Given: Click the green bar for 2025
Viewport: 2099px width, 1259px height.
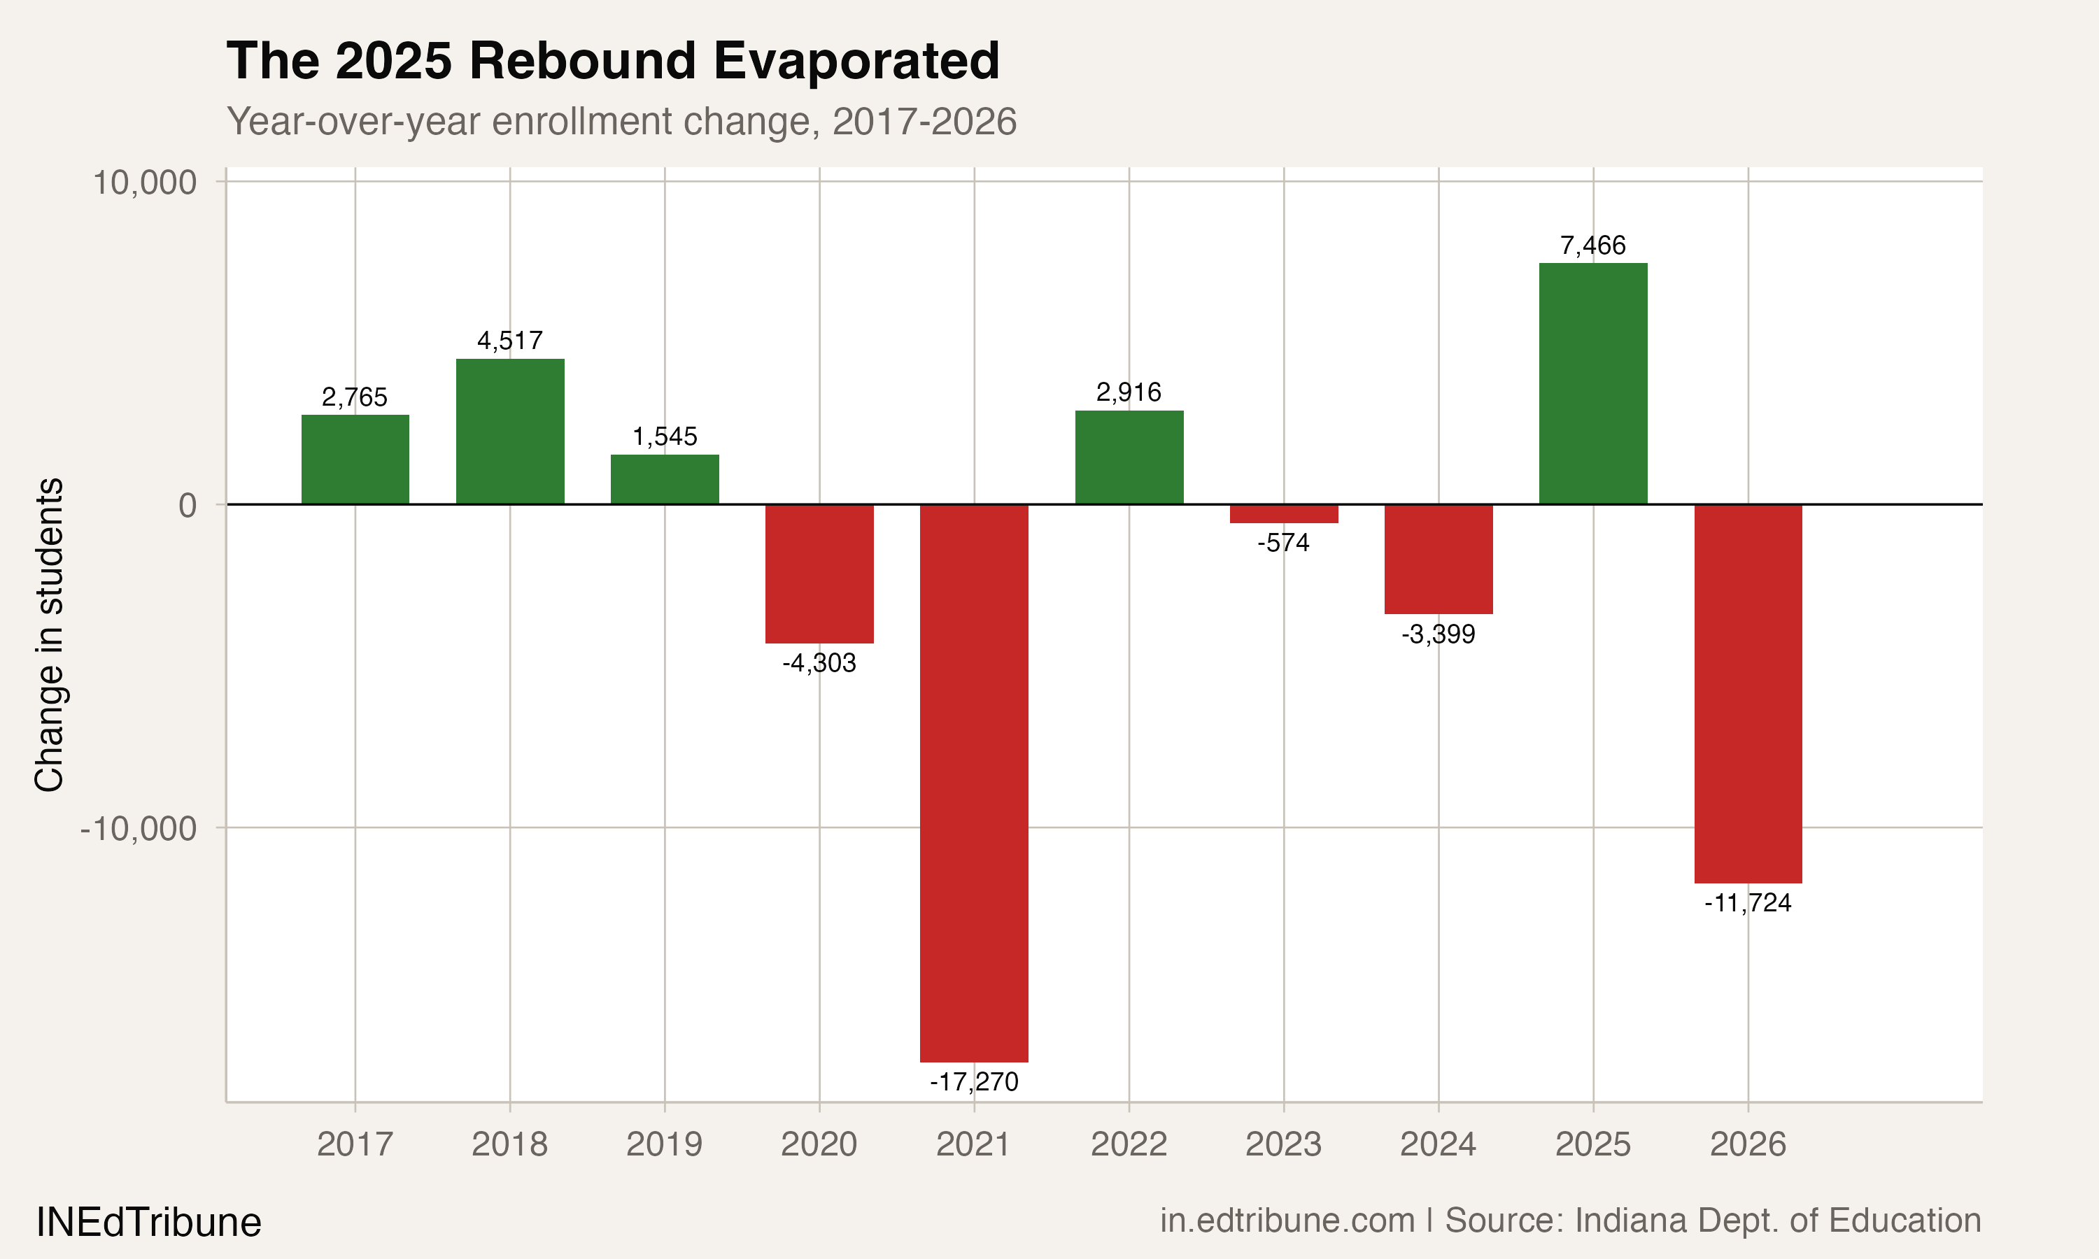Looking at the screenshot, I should (x=1592, y=383).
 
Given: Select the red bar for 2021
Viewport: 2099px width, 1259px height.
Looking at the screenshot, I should (x=974, y=782).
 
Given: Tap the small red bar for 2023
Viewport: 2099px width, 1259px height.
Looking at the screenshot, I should (x=1284, y=514).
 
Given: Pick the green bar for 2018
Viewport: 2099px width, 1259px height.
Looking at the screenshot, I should (x=510, y=432).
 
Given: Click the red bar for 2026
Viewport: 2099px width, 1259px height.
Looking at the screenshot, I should (x=1748, y=693).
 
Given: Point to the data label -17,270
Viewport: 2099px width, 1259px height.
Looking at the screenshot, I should (x=974, y=1081).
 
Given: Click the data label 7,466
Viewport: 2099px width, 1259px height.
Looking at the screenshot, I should (x=1592, y=246).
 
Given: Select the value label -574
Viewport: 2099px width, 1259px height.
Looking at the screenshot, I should (x=1284, y=543).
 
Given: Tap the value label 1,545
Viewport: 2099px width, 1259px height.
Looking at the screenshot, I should (x=664, y=437).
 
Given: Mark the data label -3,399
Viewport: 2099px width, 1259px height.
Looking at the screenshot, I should (x=1438, y=634).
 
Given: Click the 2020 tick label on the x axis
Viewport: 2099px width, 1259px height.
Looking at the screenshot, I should (x=819, y=1144).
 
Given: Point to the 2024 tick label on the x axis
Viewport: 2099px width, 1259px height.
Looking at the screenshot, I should (x=1438, y=1144).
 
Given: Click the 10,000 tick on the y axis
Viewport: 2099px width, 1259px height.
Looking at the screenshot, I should (x=144, y=183).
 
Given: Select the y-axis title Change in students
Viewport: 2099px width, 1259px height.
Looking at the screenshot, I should (x=49, y=634).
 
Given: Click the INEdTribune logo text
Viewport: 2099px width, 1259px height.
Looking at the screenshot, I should (x=148, y=1223).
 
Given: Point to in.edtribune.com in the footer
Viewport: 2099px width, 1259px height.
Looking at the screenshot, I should (x=1287, y=1221).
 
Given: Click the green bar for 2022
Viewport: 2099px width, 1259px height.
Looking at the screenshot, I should (x=1129, y=457).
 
